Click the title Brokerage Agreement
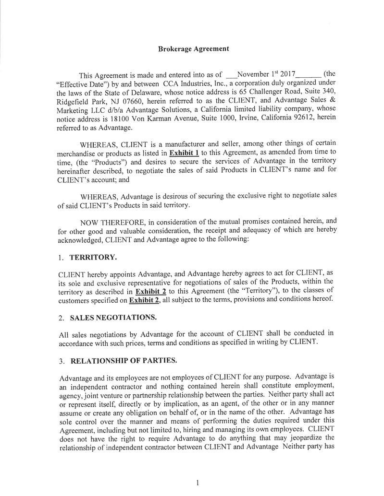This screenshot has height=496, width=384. (x=193, y=48)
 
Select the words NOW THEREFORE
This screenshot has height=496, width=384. (x=106, y=222)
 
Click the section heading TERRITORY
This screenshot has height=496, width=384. (x=93, y=257)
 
